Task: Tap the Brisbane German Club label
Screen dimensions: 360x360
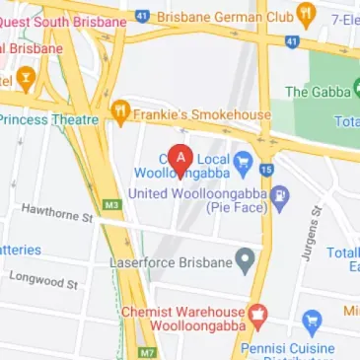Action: [x=226, y=16]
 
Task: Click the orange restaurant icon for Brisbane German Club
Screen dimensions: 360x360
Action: [x=306, y=15]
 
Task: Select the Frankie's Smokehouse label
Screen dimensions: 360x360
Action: [x=203, y=114]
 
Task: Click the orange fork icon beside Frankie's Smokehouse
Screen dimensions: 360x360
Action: [x=121, y=111]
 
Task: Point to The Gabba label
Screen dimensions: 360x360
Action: [x=318, y=92]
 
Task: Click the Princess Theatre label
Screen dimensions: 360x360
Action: [x=49, y=119]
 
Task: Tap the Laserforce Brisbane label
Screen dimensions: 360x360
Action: [x=170, y=263]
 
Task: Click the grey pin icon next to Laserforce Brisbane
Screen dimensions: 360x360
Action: [x=244, y=261]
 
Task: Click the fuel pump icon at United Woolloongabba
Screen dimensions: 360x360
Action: [x=280, y=194]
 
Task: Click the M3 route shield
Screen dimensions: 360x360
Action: [x=110, y=205]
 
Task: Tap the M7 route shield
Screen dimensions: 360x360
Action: [x=147, y=351]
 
